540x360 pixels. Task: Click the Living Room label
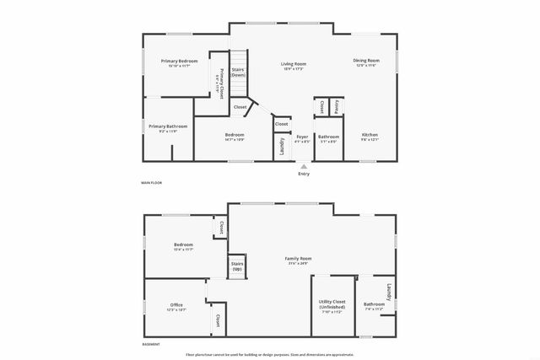[x=294, y=63]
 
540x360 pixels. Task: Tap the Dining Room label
[x=366, y=60]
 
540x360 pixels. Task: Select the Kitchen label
[x=370, y=135]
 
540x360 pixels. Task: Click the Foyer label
[x=302, y=135]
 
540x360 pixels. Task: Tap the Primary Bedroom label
[x=180, y=61]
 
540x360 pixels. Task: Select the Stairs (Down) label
[x=238, y=72]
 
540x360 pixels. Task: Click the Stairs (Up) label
[x=237, y=266]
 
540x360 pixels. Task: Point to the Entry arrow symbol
[x=303, y=166]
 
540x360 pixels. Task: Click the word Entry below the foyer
[x=303, y=174]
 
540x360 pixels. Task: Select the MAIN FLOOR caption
[x=151, y=182]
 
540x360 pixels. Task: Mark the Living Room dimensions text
[x=294, y=68]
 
